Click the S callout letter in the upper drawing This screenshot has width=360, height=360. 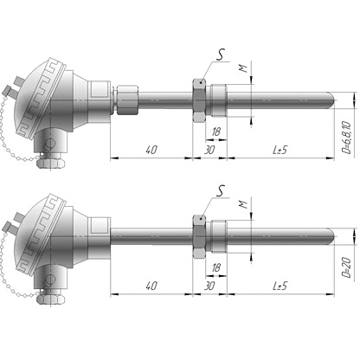pos(221,55)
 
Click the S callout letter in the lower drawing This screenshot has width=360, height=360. pos(221,191)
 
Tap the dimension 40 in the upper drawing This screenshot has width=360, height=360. pos(151,150)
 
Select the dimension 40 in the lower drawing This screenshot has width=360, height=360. pos(151,286)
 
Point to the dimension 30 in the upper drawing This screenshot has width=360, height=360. pos(209,150)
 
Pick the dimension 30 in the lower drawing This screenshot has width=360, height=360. pos(209,286)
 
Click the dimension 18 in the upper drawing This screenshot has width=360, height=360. pos(216,132)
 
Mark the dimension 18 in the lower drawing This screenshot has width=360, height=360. pos(216,268)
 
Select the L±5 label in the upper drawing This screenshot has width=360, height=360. pos(280,150)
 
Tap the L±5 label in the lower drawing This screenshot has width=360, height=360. pos(280,286)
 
